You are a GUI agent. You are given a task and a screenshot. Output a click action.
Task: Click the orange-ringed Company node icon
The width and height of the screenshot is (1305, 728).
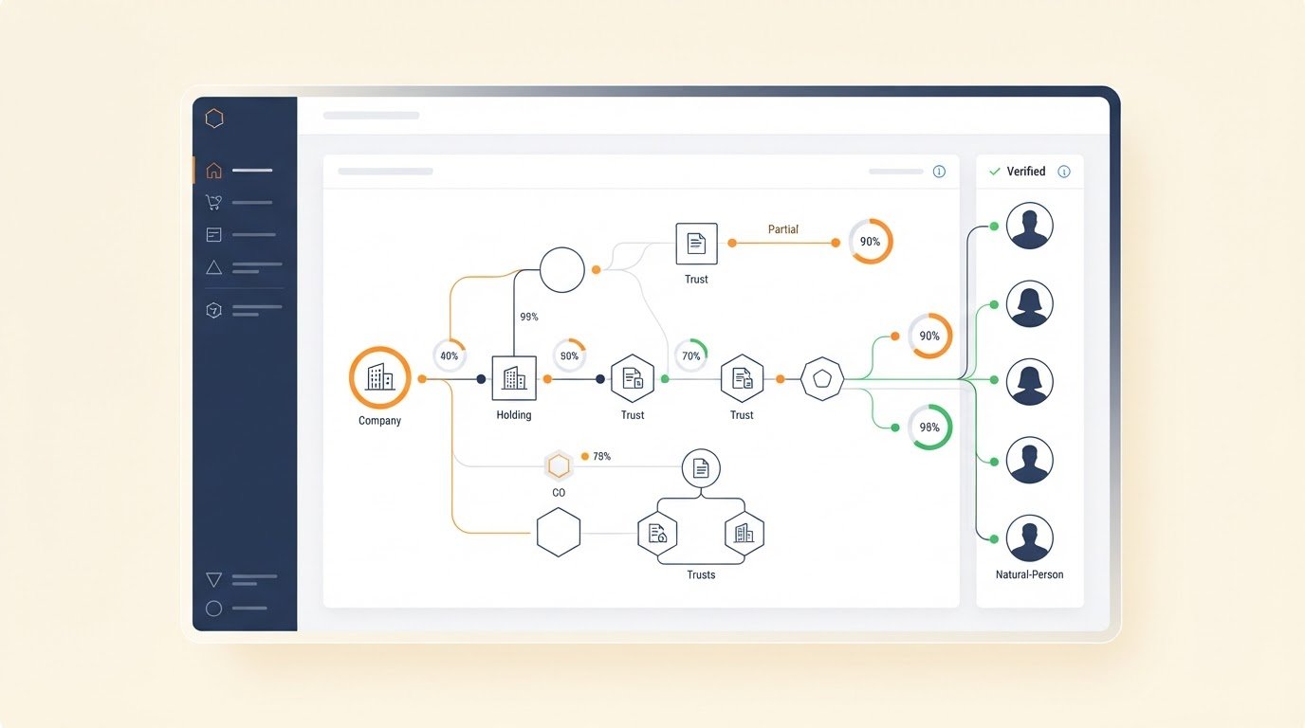380,377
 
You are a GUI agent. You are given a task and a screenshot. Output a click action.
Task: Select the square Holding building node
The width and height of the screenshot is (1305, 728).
514,378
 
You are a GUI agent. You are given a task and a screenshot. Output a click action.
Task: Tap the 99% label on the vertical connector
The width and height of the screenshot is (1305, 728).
529,317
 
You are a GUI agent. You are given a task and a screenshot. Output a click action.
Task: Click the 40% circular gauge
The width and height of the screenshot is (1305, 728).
450,355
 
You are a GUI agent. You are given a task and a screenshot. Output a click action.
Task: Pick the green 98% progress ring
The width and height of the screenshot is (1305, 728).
929,427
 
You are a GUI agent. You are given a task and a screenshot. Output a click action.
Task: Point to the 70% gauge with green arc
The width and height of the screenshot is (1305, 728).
691,355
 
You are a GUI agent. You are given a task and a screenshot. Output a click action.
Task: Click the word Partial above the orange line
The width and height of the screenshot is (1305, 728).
783,229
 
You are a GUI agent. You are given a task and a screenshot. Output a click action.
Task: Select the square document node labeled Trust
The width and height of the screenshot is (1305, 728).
696,244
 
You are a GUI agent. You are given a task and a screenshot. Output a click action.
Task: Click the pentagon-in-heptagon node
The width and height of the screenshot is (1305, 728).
822,378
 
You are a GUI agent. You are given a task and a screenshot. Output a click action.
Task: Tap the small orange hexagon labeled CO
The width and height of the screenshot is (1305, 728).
559,466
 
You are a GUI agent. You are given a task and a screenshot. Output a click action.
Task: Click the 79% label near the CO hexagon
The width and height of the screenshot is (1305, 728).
602,457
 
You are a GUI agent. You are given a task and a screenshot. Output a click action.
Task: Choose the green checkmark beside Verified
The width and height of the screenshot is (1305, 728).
995,172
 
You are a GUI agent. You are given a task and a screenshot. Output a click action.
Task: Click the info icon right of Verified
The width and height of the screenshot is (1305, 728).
1064,172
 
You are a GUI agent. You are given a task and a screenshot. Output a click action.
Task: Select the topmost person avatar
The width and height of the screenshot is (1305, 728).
1029,226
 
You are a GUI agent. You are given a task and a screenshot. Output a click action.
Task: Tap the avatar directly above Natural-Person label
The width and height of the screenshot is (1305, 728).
1029,538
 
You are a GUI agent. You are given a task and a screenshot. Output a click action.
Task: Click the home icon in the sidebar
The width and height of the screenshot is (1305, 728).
213,170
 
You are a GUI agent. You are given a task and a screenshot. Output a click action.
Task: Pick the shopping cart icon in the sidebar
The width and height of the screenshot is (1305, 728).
213,202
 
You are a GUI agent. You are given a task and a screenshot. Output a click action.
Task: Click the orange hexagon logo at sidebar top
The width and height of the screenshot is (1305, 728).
214,118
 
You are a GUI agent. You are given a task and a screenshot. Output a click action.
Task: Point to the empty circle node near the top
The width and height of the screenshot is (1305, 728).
561,269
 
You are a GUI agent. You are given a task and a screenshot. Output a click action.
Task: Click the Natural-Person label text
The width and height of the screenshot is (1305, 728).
1029,574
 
